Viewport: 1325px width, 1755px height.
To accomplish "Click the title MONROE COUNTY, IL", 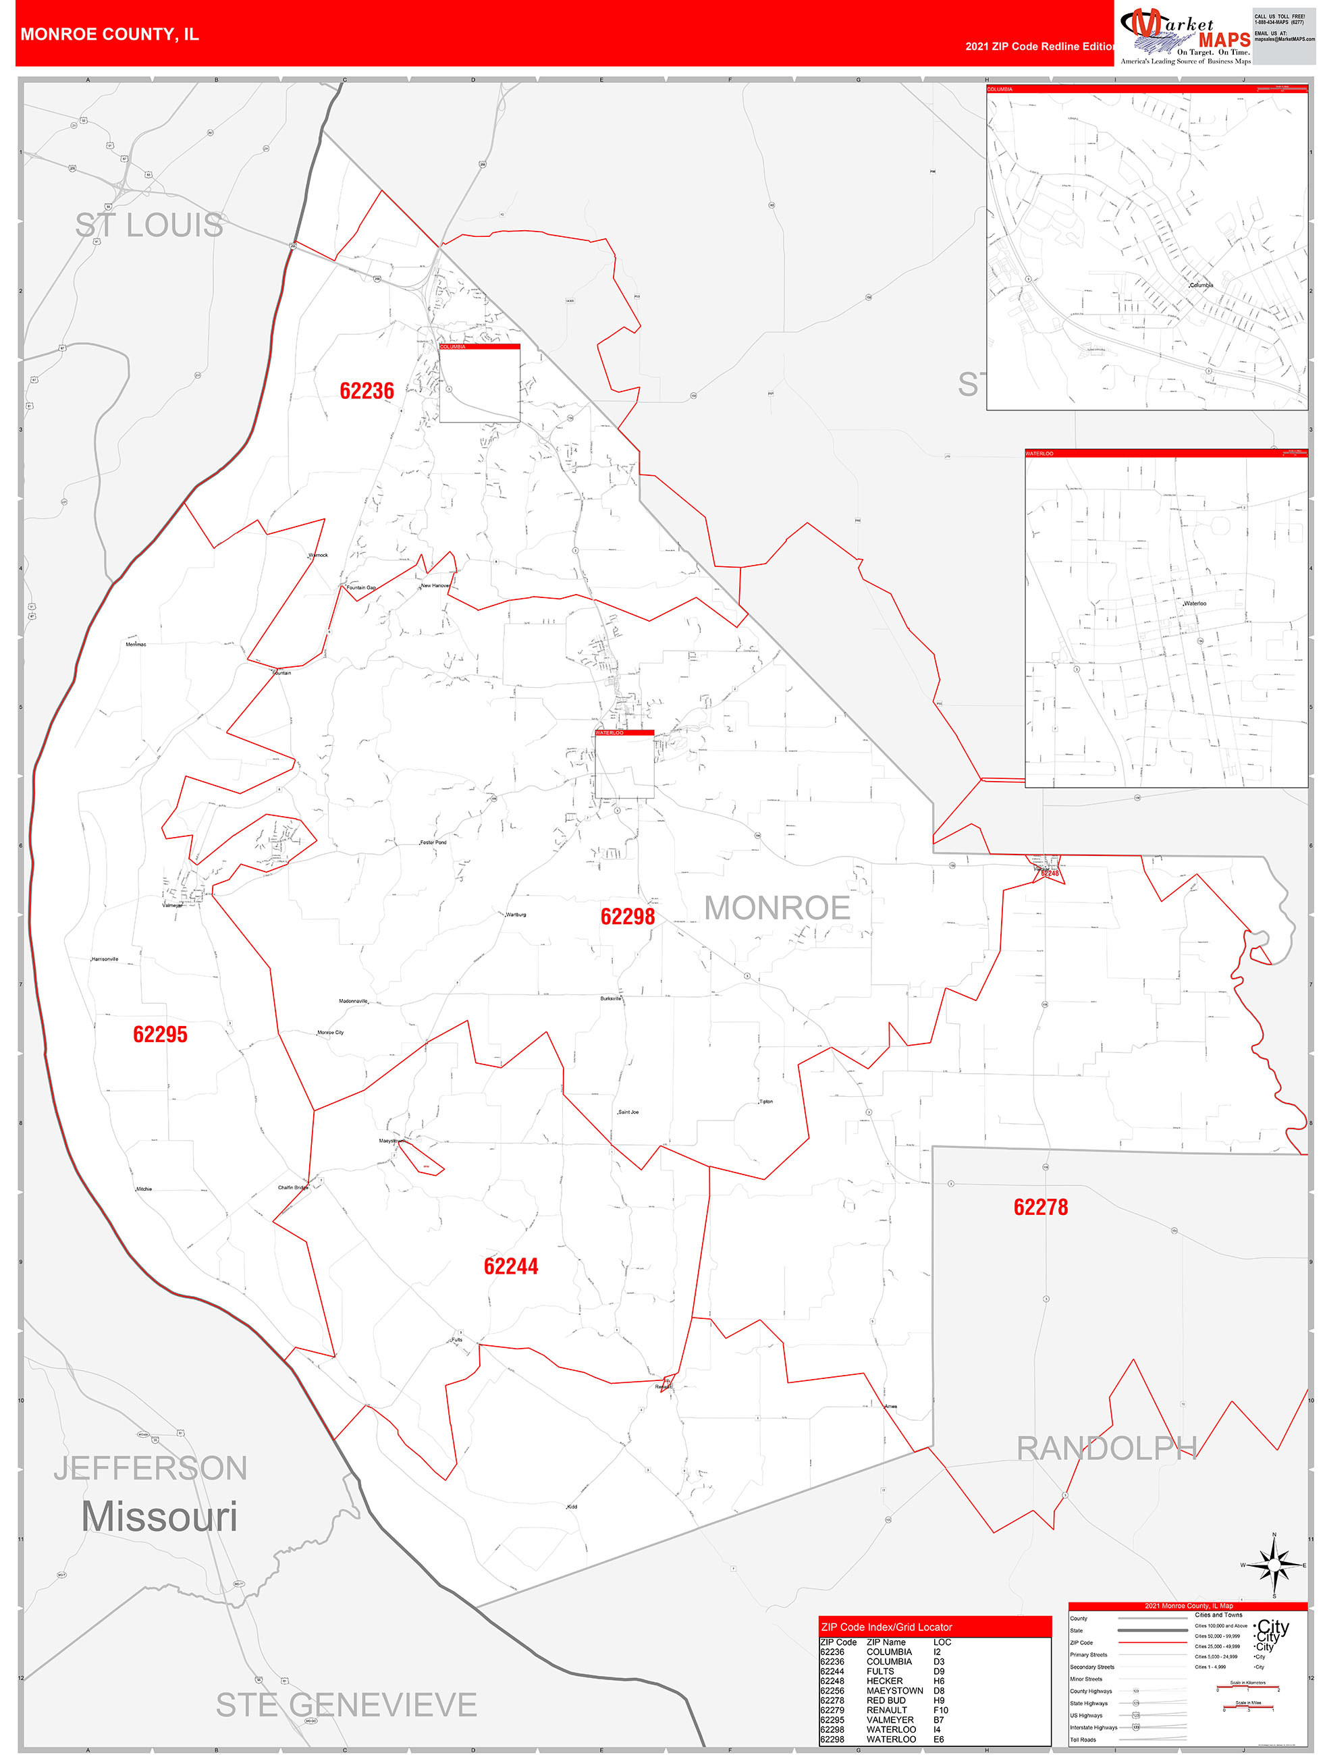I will coord(109,34).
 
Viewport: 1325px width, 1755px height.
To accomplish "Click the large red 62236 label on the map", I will coord(367,391).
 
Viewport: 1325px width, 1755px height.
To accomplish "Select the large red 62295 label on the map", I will coord(160,1034).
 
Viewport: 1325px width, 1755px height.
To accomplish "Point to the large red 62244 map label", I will coord(510,1266).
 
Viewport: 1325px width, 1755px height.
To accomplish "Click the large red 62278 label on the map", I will coord(1040,1208).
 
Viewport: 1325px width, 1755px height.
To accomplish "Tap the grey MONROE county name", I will coord(777,909).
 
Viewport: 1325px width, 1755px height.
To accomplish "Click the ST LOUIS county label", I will coord(148,225).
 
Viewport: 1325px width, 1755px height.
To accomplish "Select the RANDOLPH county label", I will coord(1106,1448).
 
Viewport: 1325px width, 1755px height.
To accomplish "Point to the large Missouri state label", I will coord(159,1516).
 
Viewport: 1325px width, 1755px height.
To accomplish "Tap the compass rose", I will coord(1274,1565).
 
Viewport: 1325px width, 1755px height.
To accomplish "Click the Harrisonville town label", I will coord(105,959).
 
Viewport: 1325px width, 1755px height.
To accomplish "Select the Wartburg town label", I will coord(516,915).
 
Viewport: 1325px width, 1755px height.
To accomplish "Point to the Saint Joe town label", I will coord(628,1112).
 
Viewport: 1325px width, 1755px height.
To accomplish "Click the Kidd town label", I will coord(572,1507).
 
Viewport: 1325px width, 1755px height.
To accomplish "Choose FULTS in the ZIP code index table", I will coord(880,1671).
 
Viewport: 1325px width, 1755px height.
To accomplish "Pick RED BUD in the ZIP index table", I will coord(886,1700).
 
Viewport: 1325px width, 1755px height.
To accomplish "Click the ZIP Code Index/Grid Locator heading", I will coord(886,1627).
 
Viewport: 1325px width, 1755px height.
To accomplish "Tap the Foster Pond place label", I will coord(433,842).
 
